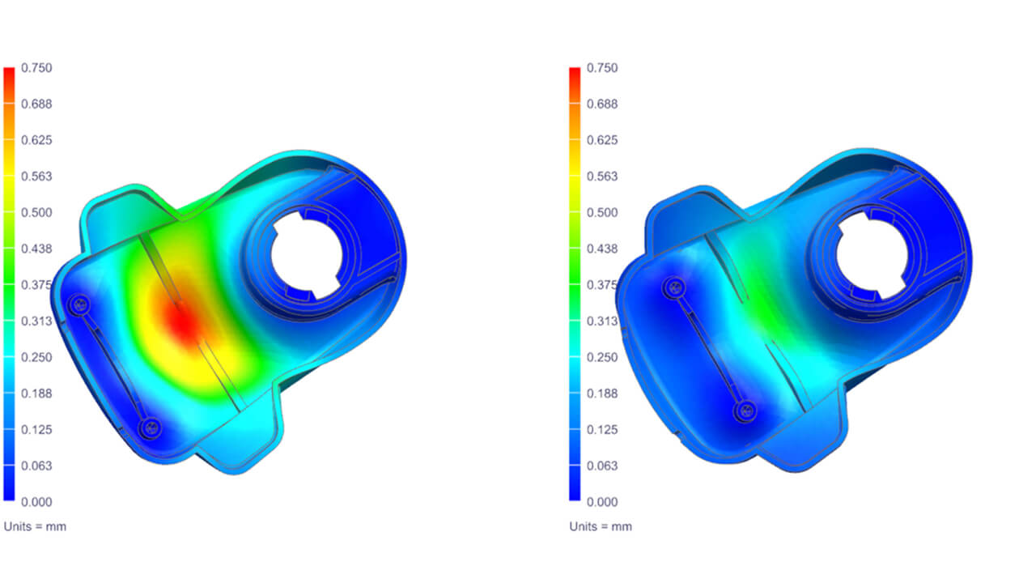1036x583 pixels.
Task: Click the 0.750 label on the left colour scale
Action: pyautogui.click(x=36, y=68)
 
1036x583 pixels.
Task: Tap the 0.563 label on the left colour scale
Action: pyautogui.click(x=36, y=177)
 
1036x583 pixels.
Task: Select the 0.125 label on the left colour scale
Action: pyautogui.click(x=36, y=430)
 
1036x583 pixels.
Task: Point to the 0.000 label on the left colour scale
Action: pyautogui.click(x=36, y=502)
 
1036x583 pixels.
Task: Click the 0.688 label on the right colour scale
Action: pyautogui.click(x=602, y=104)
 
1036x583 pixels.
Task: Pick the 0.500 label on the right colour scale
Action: pyautogui.click(x=602, y=213)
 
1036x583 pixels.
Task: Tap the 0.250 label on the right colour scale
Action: pyautogui.click(x=602, y=357)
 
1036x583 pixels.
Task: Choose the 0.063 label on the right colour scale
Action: pyautogui.click(x=602, y=466)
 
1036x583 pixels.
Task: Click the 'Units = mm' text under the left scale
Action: pyautogui.click(x=35, y=526)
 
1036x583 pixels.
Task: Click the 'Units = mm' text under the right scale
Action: pyautogui.click(x=601, y=526)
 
